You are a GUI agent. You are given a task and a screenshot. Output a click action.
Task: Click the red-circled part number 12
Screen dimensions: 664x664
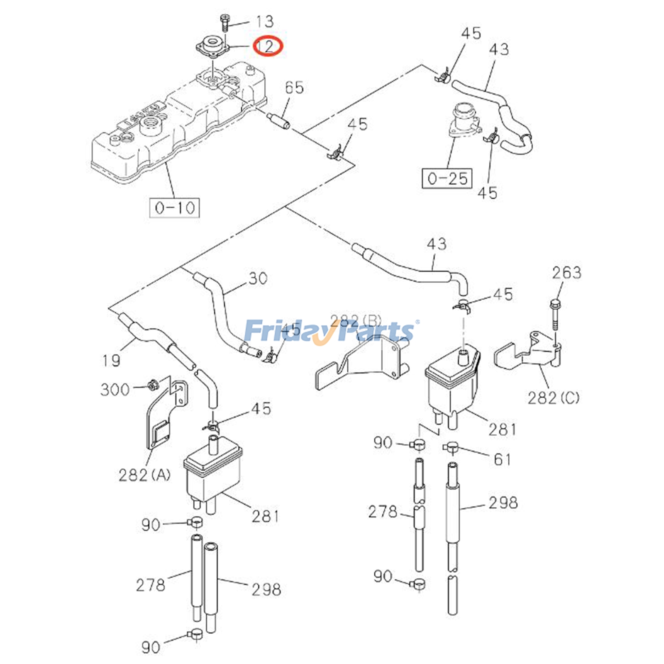(x=268, y=46)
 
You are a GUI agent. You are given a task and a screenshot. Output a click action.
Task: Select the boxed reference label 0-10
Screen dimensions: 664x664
(x=174, y=207)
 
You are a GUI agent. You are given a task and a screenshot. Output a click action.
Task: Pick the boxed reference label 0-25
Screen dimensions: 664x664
(x=447, y=178)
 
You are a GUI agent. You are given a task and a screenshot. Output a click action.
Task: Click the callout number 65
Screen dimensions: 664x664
(x=294, y=88)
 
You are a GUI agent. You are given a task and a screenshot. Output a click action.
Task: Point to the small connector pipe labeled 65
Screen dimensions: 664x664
(x=279, y=120)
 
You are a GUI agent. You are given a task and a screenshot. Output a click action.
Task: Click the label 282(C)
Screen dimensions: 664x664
(x=553, y=398)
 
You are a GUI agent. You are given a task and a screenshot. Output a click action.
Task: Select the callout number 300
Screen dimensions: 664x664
(x=115, y=389)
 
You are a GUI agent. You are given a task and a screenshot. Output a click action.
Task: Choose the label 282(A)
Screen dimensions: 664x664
(x=144, y=475)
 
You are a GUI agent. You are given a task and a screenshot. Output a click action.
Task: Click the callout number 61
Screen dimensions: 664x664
(x=502, y=459)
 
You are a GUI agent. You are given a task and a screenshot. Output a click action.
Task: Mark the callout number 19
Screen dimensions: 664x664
(x=111, y=360)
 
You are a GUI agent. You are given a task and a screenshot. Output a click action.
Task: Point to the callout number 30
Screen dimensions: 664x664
(x=258, y=278)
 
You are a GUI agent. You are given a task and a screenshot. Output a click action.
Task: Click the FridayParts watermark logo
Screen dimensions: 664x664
(x=330, y=331)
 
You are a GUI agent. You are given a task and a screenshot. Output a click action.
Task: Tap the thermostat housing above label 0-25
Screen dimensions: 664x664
(x=464, y=120)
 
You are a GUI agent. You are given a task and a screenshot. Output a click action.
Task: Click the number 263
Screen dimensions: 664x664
(x=566, y=273)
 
